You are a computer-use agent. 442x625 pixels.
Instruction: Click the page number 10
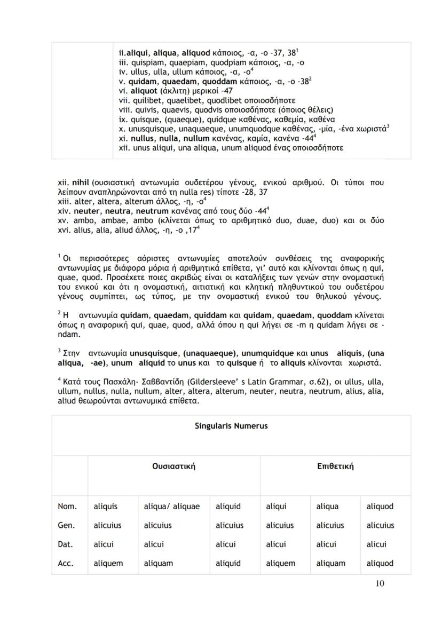(380, 583)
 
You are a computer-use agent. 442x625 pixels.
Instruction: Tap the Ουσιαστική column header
(173, 466)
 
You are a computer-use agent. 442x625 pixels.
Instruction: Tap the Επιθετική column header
(335, 466)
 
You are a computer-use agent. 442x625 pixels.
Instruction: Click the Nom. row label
(67, 506)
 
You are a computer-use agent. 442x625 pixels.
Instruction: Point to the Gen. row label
(67, 525)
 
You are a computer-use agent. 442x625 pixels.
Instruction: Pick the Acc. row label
(67, 563)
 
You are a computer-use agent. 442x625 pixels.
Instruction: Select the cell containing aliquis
(105, 506)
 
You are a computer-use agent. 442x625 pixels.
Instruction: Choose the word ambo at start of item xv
(78, 220)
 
